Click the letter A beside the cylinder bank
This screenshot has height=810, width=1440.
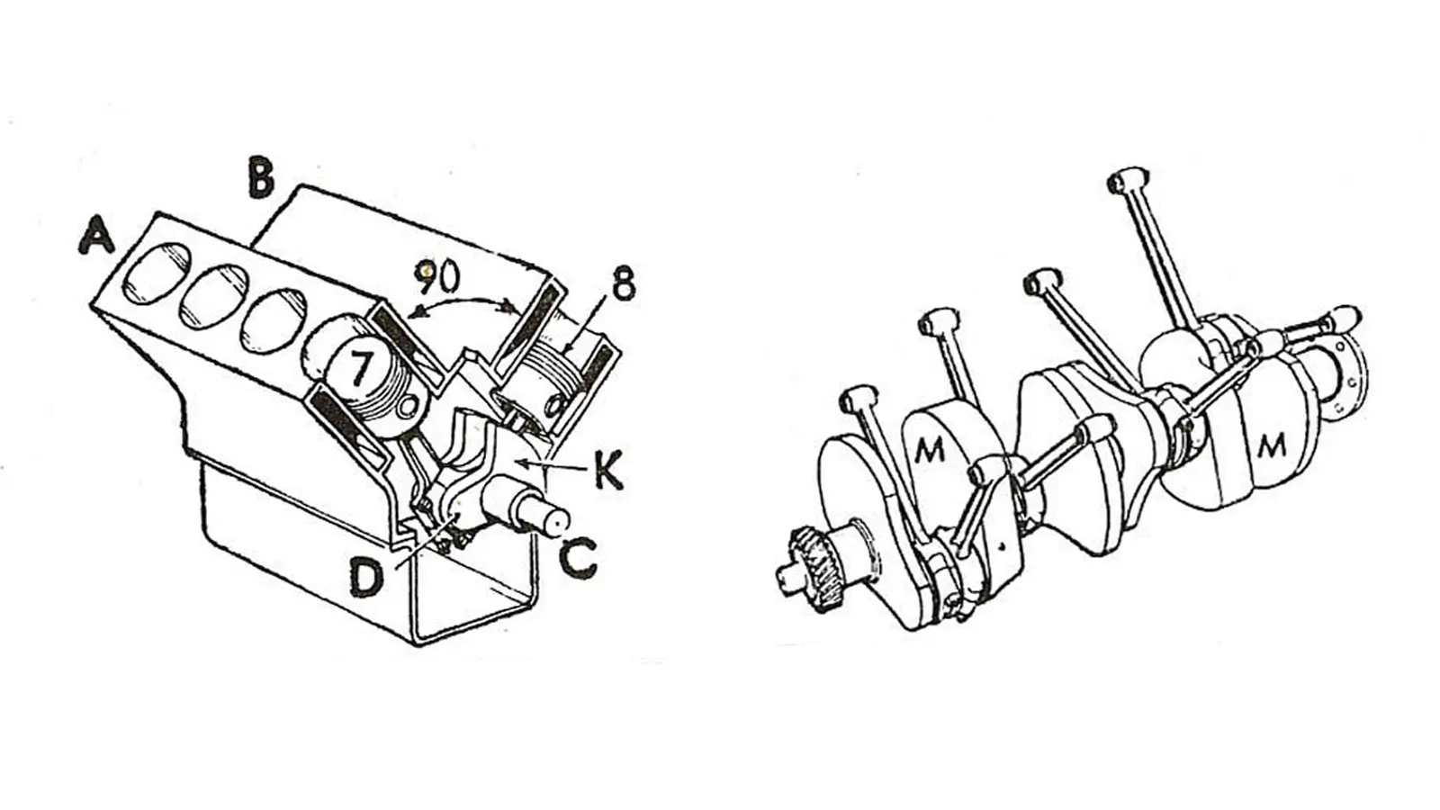(x=98, y=238)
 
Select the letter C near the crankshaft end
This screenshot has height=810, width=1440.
(x=577, y=558)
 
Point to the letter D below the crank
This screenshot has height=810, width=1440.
(x=366, y=579)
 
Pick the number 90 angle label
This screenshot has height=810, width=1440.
(x=438, y=277)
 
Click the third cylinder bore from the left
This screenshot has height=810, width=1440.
(x=275, y=318)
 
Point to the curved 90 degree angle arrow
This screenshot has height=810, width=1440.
(x=463, y=306)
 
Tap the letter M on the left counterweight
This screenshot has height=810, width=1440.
(x=931, y=448)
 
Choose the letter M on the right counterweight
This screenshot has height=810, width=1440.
(x=1272, y=444)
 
